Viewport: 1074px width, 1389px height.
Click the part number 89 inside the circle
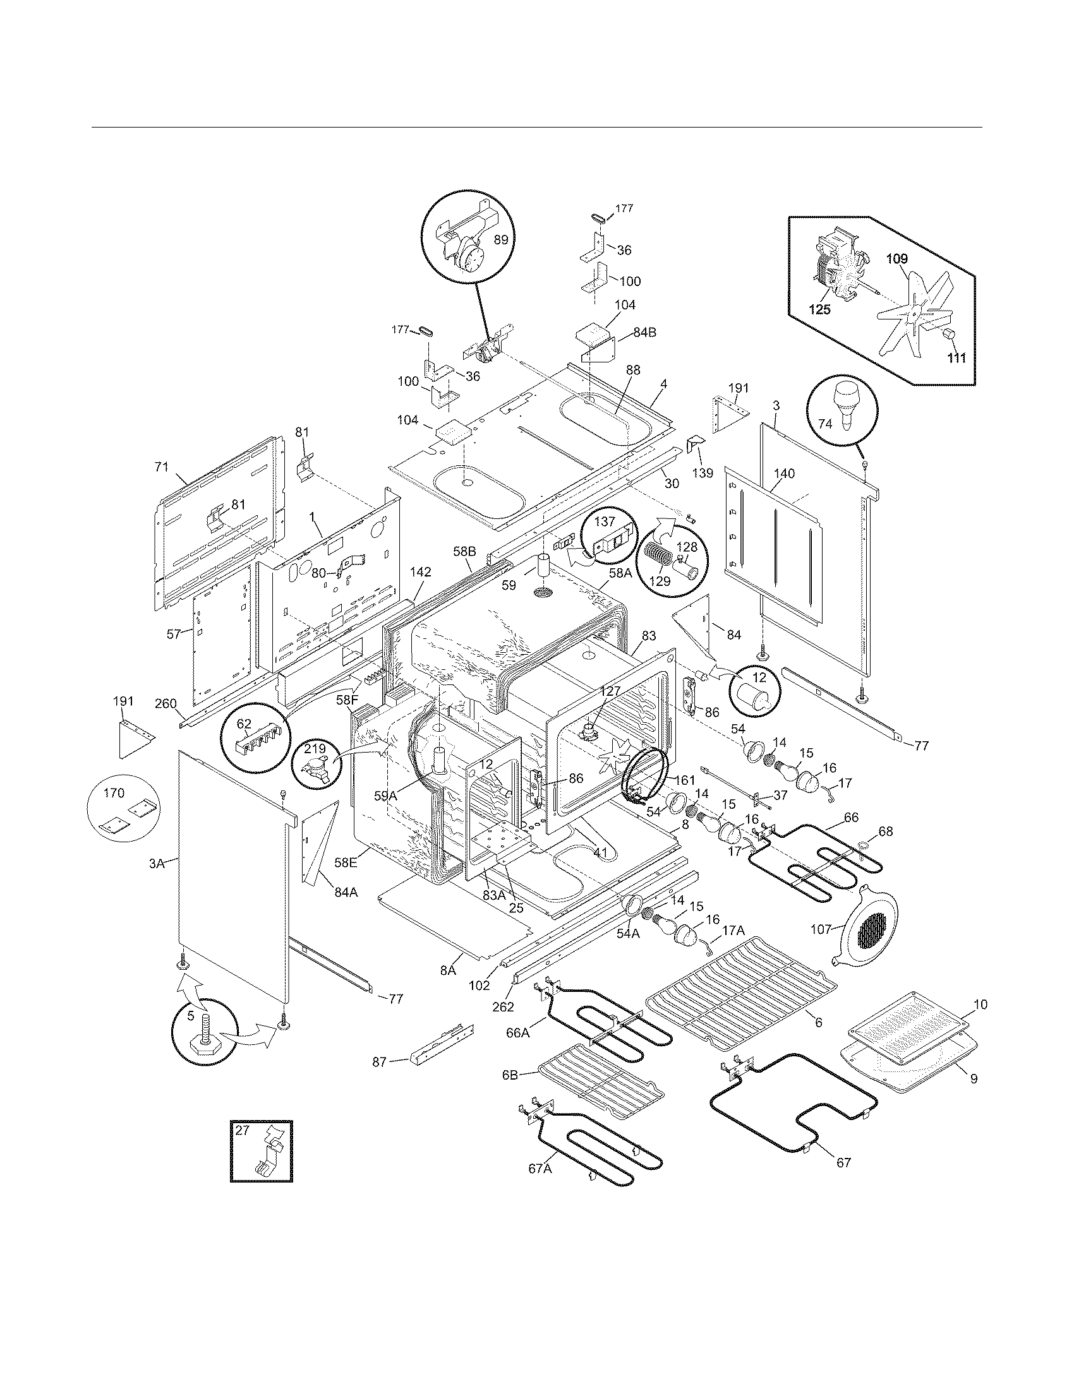[x=502, y=239]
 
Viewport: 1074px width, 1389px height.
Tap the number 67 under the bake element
[x=843, y=1162]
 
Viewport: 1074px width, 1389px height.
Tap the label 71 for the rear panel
[x=162, y=467]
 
